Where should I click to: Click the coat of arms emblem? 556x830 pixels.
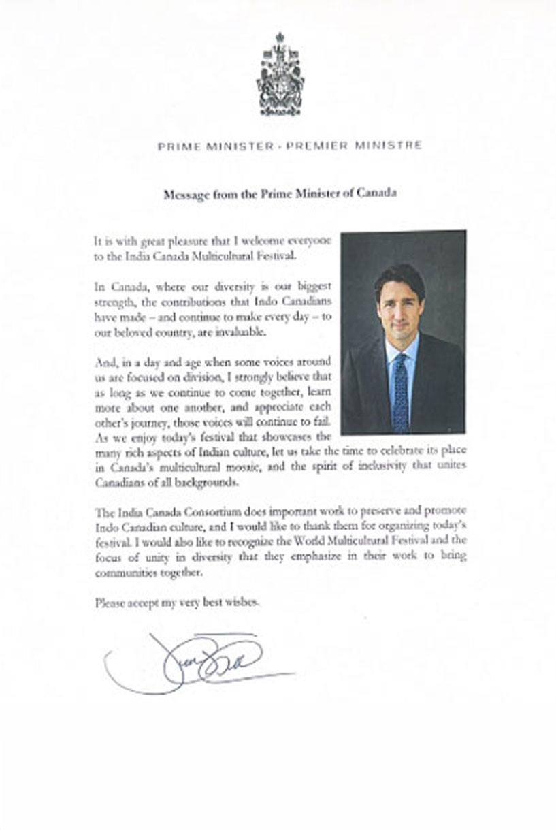pos(280,75)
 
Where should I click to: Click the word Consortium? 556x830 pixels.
pos(191,511)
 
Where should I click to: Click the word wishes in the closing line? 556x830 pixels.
pos(243,602)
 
